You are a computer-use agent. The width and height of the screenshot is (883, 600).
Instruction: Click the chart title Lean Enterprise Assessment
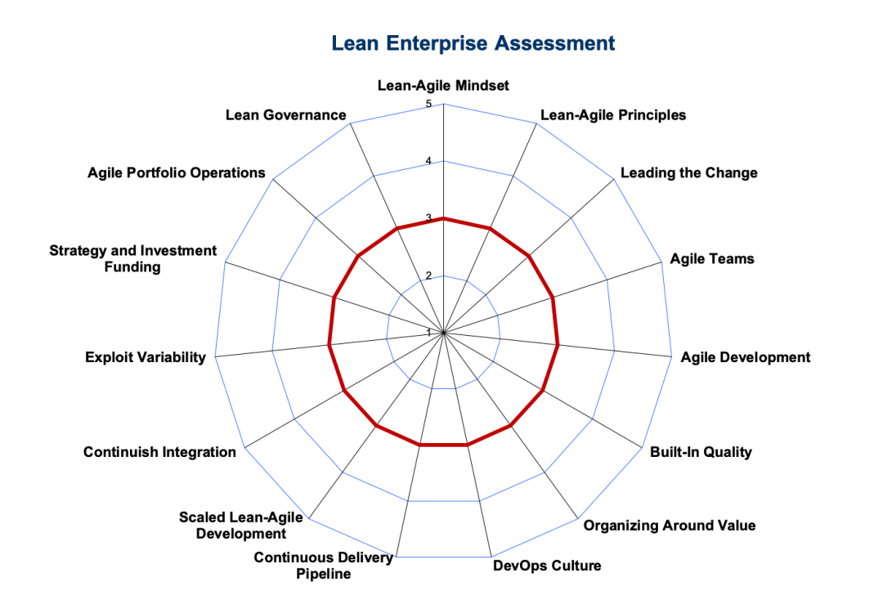[473, 43]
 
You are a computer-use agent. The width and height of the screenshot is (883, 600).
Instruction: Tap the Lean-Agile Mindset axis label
[443, 86]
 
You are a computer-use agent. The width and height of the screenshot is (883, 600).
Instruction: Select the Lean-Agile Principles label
[613, 115]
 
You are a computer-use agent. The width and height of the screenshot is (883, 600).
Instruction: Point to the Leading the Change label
[688, 172]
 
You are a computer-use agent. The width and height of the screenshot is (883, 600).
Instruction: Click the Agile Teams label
[712, 259]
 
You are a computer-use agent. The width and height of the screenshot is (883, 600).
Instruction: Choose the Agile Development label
[745, 357]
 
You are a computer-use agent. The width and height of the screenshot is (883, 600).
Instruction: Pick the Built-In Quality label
[701, 452]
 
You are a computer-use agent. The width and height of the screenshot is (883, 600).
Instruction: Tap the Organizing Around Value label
[670, 526]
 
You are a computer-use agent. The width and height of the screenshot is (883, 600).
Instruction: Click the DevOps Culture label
[547, 566]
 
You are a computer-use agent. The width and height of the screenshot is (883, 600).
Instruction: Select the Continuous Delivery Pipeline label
[323, 566]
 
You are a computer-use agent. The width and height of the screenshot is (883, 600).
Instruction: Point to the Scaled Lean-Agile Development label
[241, 525]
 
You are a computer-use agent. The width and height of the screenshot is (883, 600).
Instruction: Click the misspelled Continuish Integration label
[159, 452]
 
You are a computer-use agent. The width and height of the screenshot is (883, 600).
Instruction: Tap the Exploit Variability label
[146, 357]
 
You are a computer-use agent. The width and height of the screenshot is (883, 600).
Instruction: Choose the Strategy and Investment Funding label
[133, 258]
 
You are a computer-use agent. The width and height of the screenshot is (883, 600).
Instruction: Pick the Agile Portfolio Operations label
[177, 172]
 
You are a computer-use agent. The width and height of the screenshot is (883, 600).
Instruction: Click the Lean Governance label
[286, 115]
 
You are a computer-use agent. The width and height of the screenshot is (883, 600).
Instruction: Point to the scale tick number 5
[428, 104]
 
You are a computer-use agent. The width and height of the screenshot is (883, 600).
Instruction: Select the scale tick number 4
[428, 162]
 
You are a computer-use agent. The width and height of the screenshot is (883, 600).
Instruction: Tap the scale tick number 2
[428, 275]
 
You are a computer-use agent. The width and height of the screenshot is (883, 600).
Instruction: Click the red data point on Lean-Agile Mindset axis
[444, 218]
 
